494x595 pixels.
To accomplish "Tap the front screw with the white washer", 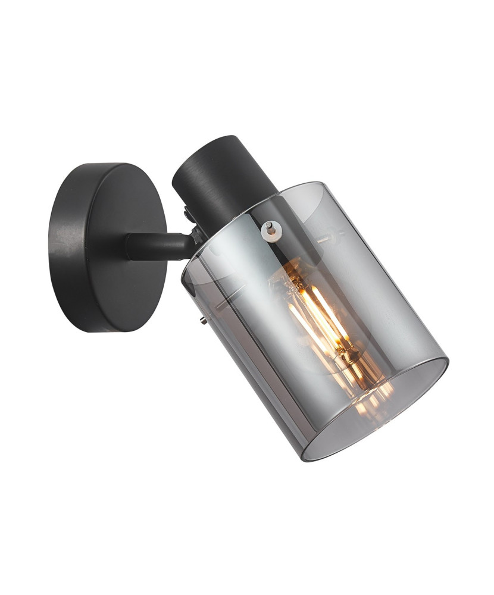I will [271, 228].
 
